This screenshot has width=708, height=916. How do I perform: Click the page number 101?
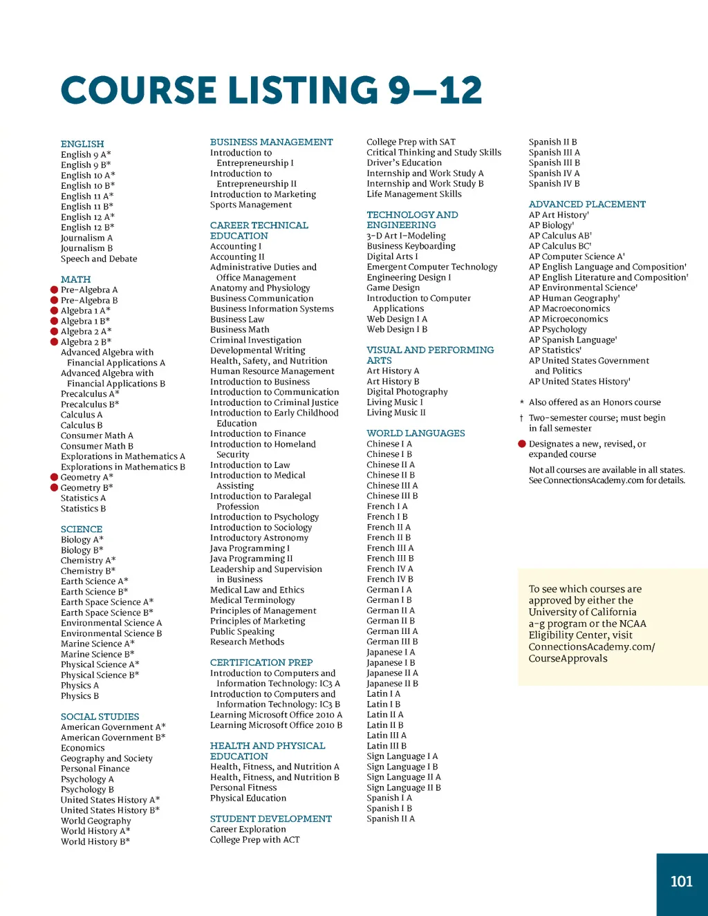681,881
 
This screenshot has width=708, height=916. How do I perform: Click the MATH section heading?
75,279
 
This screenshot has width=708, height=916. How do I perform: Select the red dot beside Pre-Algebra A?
54,290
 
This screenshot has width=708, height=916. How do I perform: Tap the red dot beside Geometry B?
54,487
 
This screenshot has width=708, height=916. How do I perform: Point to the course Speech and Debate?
99,259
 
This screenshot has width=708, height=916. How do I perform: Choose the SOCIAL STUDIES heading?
100,717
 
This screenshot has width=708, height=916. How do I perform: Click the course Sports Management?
251,205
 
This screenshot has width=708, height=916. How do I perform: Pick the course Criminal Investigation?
256,340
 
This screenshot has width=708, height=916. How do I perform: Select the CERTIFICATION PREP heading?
261,662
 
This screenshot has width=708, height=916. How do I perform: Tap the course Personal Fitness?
243,787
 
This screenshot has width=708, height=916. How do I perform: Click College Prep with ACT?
255,839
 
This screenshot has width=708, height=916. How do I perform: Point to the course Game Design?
393,288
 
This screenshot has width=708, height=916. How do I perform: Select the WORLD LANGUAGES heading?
416,433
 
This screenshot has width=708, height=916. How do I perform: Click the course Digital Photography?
407,392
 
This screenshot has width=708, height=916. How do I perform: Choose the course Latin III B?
386,746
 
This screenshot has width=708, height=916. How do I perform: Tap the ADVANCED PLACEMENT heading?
587,205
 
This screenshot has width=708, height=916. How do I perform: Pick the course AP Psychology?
557,329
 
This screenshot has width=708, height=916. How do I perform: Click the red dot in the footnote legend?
522,444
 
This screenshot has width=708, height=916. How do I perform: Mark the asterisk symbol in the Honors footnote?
522,402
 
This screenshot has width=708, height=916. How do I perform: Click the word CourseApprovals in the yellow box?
568,658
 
